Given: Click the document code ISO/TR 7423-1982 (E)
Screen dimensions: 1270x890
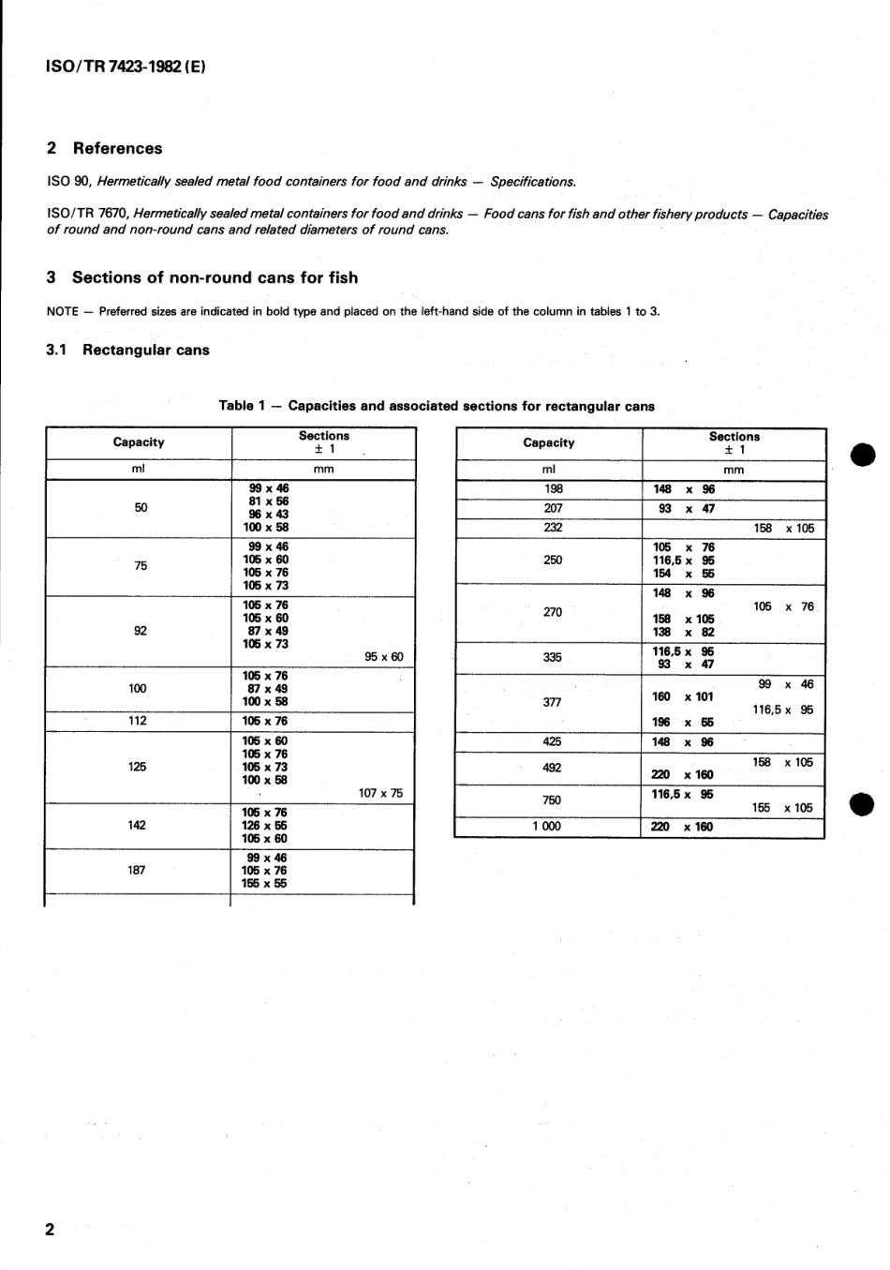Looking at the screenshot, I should pyautogui.click(x=126, y=68).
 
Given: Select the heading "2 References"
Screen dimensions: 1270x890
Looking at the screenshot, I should pyautogui.click(x=104, y=148).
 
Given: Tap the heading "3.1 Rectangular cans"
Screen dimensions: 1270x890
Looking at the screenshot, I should pyautogui.click(x=127, y=351).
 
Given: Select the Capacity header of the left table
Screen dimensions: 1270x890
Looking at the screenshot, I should pyautogui.click(x=139, y=442).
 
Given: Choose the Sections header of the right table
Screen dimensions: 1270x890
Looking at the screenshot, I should pyautogui.click(x=734, y=437).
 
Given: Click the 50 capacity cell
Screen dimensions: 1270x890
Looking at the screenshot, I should pyautogui.click(x=141, y=508).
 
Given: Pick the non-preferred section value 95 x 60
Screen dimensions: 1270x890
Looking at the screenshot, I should pyautogui.click(x=383, y=657).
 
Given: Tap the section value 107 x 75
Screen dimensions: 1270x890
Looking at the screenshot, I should pyautogui.click(x=380, y=793).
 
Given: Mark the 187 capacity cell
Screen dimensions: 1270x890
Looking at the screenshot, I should pyautogui.click(x=137, y=870).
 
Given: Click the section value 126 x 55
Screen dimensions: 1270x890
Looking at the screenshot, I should pyautogui.click(x=265, y=826).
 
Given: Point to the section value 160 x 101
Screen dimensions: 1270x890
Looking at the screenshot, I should pyautogui.click(x=682, y=696).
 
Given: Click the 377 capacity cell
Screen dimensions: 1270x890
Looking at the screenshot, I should pyautogui.click(x=552, y=702).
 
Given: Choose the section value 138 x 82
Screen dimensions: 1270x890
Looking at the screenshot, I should pyautogui.click(x=683, y=632).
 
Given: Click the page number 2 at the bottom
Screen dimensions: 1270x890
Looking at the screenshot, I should pyautogui.click(x=51, y=1229).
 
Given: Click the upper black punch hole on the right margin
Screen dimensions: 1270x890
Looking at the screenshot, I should pyautogui.click(x=862, y=455).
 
